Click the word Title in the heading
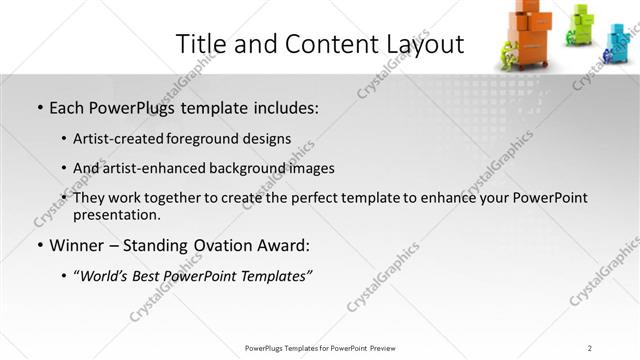[x=199, y=45]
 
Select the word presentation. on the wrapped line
[x=116, y=215]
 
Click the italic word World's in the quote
[x=105, y=275]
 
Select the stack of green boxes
[x=583, y=23]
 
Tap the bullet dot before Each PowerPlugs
[x=39, y=108]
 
